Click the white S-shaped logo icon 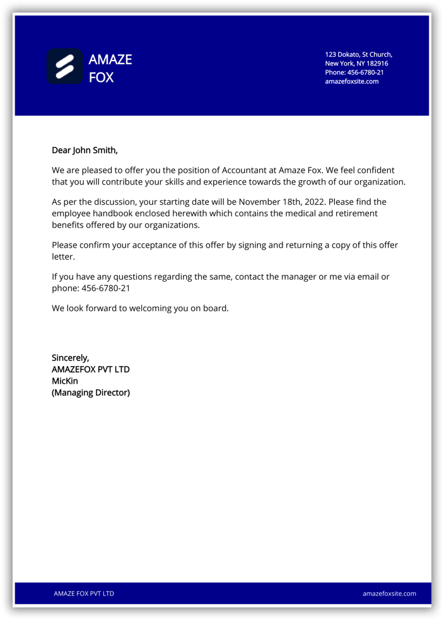[65, 67]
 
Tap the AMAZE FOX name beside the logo [110, 68]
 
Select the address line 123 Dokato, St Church [358, 55]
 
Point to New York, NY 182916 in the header [356, 64]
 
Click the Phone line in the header [354, 72]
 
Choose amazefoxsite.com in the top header [351, 81]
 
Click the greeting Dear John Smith [85, 150]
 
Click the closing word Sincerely [70, 358]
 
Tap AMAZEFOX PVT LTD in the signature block [90, 369]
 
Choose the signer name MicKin [65, 381]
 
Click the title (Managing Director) [90, 393]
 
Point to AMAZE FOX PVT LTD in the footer [84, 594]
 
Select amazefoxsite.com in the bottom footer [389, 594]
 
